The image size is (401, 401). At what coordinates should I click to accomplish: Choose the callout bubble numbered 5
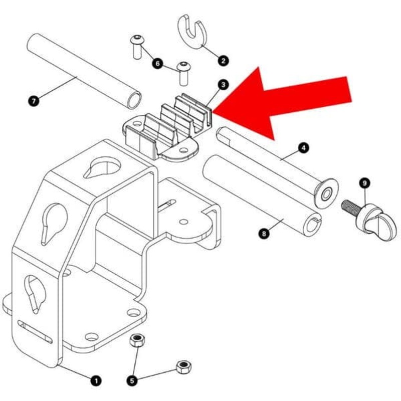click(132, 380)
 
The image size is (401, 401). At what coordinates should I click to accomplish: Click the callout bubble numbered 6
click(157, 64)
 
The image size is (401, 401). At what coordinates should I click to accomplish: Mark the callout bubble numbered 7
click(34, 101)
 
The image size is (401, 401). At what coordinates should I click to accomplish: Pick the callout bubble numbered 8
click(264, 232)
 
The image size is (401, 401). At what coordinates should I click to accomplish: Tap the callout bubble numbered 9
click(365, 183)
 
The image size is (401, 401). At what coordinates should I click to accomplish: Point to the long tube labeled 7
click(83, 70)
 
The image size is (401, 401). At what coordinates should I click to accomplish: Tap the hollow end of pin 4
click(326, 193)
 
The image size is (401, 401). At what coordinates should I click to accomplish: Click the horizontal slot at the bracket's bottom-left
click(35, 331)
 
